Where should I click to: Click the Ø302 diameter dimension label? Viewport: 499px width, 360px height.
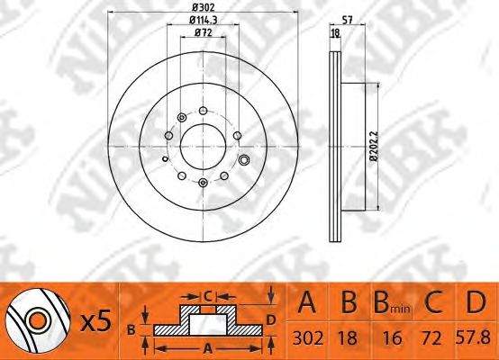(x=203, y=7)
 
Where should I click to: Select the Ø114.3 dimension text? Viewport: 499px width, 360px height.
(x=203, y=20)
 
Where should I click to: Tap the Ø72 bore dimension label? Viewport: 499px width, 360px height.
(x=203, y=32)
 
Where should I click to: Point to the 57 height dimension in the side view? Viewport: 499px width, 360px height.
(x=347, y=20)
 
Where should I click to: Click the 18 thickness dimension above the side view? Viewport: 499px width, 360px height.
(x=335, y=32)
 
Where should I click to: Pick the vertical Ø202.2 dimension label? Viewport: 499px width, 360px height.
(x=375, y=147)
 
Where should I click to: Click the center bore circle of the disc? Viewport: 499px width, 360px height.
(x=203, y=147)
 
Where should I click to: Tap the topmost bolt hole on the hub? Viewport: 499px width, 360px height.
(x=203, y=111)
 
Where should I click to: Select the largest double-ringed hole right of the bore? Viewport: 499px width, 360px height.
(x=244, y=159)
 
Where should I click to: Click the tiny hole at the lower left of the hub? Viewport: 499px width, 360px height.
(x=165, y=158)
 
